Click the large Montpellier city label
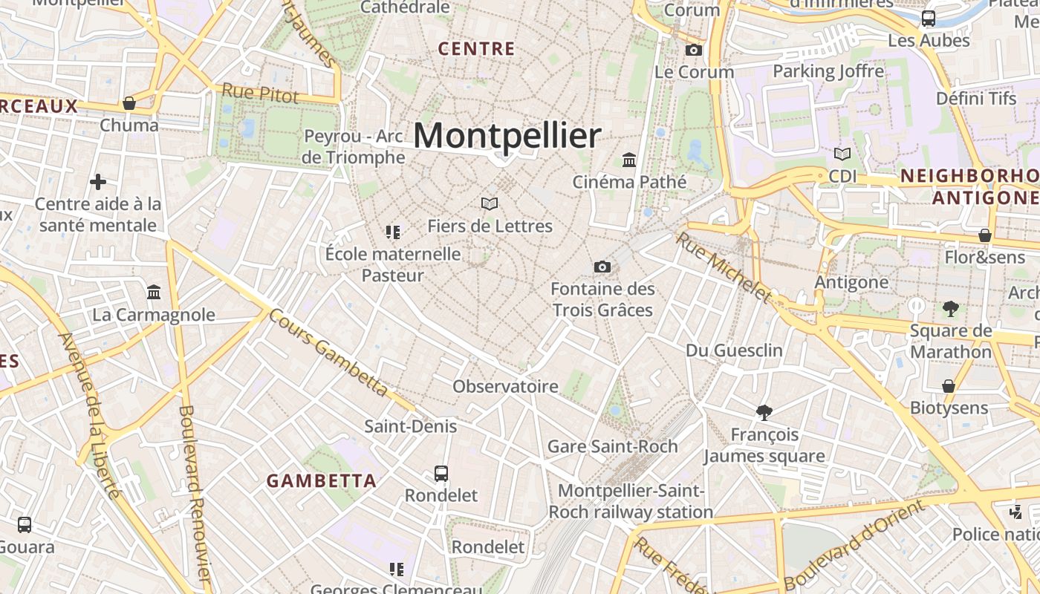pyautogui.click(x=507, y=136)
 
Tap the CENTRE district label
pyautogui.click(x=476, y=49)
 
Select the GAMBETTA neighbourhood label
pyautogui.click(x=322, y=480)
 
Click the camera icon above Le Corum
pyautogui.click(x=694, y=50)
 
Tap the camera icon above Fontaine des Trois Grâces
pyautogui.click(x=602, y=267)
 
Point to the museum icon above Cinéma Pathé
pyautogui.click(x=629, y=160)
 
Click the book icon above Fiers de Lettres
pyautogui.click(x=489, y=203)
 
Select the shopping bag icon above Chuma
pyautogui.click(x=129, y=103)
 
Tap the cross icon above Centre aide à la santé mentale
pyautogui.click(x=98, y=182)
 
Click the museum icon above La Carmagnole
pyautogui.click(x=154, y=292)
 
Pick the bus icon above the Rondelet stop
pyautogui.click(x=441, y=473)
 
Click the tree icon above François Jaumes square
pyautogui.click(x=764, y=412)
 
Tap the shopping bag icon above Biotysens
pyautogui.click(x=949, y=386)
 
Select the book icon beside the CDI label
pyautogui.click(x=842, y=154)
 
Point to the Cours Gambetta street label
pyautogui.click(x=328, y=351)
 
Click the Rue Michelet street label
pyautogui.click(x=724, y=267)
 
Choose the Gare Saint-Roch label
pyautogui.click(x=612, y=446)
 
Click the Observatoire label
pyautogui.click(x=505, y=386)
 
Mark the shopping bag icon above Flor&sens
pyautogui.click(x=985, y=235)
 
